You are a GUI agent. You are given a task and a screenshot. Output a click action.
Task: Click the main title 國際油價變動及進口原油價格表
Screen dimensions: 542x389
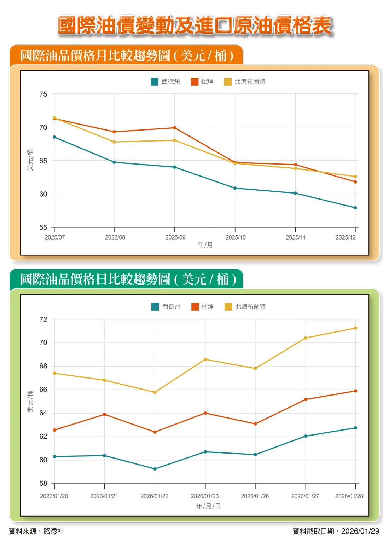tap(194, 25)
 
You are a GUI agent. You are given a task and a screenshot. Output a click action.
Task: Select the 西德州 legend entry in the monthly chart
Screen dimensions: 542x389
tap(166, 82)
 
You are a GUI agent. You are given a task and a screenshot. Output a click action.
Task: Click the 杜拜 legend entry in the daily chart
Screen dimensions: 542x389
tap(203, 306)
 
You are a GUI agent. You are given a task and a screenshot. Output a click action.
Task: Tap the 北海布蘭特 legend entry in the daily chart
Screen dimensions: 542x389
tap(245, 306)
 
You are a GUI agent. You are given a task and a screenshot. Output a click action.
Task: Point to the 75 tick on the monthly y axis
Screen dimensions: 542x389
tap(43, 94)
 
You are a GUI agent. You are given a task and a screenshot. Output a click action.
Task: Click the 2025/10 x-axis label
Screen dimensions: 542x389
tap(236, 237)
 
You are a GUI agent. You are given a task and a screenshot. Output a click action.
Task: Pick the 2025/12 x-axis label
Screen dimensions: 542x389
tap(346, 237)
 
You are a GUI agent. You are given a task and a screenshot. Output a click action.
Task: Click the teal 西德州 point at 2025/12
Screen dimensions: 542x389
tap(355, 208)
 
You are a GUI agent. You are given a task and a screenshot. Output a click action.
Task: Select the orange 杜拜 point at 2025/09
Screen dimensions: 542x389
tap(175, 128)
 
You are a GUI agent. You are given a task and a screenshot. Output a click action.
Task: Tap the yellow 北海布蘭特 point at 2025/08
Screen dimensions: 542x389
tap(114, 142)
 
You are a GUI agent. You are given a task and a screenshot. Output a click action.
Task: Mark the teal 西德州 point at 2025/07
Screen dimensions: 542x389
tap(54, 137)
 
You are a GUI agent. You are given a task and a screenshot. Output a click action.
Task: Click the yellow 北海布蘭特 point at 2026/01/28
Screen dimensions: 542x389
tap(355, 328)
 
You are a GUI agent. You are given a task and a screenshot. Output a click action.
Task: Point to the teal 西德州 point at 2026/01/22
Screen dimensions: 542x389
tap(155, 469)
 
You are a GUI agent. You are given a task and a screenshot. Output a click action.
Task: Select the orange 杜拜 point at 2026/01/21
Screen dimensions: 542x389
tap(104, 414)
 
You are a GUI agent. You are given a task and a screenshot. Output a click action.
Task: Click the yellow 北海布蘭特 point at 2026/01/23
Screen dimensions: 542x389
tap(205, 359)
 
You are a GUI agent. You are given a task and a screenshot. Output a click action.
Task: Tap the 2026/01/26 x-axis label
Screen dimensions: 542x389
tap(255, 496)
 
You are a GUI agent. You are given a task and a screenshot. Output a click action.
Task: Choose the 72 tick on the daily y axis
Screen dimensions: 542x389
tap(43, 319)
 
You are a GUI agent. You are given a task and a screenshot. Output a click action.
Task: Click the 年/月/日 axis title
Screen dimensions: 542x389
tap(208, 506)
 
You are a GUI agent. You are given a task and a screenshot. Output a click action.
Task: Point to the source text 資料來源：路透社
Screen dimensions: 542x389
tap(36, 531)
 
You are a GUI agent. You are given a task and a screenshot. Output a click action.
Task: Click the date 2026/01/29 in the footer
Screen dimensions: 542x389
tap(360, 531)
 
